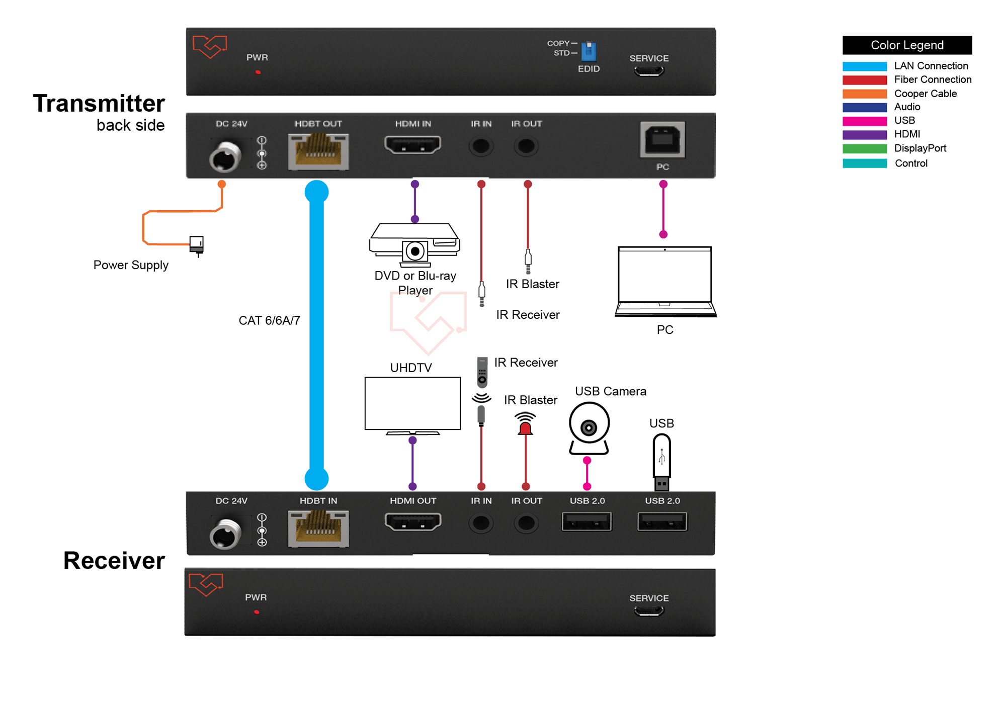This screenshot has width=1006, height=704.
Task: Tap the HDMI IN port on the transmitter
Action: point(413,145)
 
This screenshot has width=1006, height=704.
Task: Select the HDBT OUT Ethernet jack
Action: point(318,151)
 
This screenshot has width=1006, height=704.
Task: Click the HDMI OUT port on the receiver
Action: point(413,521)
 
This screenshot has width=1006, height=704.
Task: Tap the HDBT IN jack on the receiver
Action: point(318,528)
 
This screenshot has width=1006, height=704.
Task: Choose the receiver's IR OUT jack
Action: point(526,523)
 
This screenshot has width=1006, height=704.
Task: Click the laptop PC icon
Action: point(665,282)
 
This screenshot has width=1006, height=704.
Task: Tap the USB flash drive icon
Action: point(662,462)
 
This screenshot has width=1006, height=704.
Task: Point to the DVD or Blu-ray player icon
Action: point(414,245)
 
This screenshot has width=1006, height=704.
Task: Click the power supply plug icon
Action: point(197,245)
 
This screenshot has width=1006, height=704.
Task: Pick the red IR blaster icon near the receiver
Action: point(525,423)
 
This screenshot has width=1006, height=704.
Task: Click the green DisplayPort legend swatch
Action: point(865,149)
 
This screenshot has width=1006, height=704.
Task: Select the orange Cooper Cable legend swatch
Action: point(865,94)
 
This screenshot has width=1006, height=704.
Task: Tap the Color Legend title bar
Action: point(907,45)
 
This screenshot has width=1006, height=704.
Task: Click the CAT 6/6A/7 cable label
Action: point(269,320)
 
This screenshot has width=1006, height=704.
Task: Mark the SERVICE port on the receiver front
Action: point(649,611)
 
